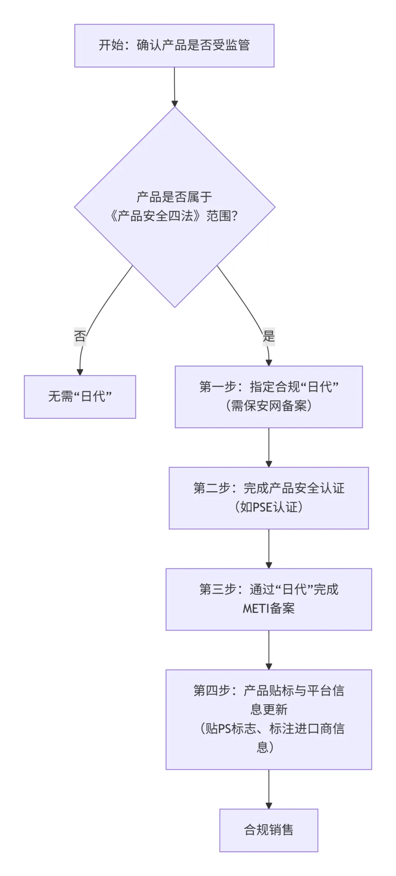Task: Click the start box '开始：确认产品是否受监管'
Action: click(x=174, y=45)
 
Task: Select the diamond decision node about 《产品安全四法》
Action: click(x=175, y=207)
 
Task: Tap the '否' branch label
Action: click(x=80, y=336)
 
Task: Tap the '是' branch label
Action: click(x=269, y=336)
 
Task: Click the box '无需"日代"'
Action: click(x=80, y=397)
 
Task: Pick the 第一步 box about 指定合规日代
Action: click(x=269, y=397)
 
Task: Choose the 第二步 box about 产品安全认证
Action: click(x=269, y=498)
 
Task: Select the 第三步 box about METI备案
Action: click(x=269, y=599)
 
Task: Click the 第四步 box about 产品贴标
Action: click(x=269, y=719)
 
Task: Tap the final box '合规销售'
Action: click(x=269, y=830)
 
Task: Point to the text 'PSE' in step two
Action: click(x=263, y=507)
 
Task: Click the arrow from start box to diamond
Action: click(x=175, y=87)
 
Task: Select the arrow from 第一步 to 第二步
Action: click(x=269, y=447)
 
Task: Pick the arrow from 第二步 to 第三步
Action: click(x=269, y=548)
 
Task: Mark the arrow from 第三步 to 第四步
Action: click(x=269, y=650)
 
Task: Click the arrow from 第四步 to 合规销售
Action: click(x=269, y=789)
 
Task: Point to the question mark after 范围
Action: click(x=235, y=216)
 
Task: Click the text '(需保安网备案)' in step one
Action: click(x=269, y=406)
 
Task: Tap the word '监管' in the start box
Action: click(x=238, y=45)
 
